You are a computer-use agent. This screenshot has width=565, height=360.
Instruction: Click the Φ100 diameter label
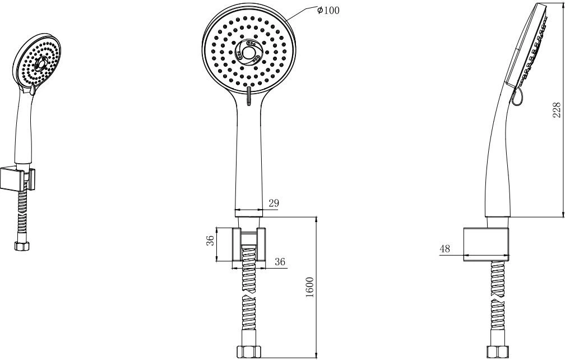(328, 10)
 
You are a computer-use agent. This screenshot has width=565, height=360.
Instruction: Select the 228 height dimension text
(557, 110)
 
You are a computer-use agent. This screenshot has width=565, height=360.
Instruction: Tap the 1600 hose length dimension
(309, 287)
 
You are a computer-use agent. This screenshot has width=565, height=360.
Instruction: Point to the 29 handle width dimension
(274, 203)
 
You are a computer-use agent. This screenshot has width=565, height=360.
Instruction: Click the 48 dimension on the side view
(445, 248)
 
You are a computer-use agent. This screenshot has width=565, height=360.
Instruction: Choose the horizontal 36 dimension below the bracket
(280, 262)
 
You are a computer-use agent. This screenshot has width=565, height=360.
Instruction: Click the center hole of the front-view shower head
(248, 53)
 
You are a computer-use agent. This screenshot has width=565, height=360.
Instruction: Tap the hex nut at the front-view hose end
(249, 352)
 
